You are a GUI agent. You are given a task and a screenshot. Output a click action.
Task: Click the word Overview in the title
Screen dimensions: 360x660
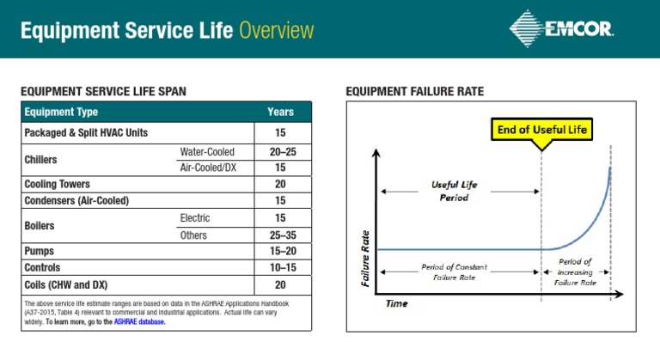pos(277,32)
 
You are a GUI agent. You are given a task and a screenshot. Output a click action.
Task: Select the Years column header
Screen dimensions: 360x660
pos(280,112)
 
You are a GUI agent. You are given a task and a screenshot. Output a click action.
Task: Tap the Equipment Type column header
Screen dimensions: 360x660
pos(61,112)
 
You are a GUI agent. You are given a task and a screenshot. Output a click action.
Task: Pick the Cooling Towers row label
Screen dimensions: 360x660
pos(57,184)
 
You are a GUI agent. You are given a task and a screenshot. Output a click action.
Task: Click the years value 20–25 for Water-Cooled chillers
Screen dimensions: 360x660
pos(280,152)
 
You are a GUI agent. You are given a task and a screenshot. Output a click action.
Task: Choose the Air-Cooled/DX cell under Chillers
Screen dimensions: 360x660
pos(208,168)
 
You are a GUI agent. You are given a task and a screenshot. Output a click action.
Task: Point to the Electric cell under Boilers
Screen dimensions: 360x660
pos(195,218)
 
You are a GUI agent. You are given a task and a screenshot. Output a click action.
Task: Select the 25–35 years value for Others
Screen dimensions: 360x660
pos(280,235)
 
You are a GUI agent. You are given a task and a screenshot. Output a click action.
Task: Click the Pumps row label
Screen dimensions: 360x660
pos(40,252)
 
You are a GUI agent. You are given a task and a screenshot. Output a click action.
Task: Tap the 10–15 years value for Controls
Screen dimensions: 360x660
pos(280,268)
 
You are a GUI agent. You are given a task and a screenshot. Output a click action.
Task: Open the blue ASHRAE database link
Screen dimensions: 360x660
pos(139,322)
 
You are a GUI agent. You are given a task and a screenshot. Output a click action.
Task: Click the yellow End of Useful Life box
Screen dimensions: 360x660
pos(541,130)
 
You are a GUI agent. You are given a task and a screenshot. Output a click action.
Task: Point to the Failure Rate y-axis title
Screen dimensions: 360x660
pos(366,258)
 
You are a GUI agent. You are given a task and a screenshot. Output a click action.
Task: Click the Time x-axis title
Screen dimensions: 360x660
pos(396,303)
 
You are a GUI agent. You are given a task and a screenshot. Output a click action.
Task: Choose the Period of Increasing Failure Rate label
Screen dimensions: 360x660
pos(575,272)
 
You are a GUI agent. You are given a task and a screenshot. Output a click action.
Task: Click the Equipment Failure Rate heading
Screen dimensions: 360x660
pos(414,91)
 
